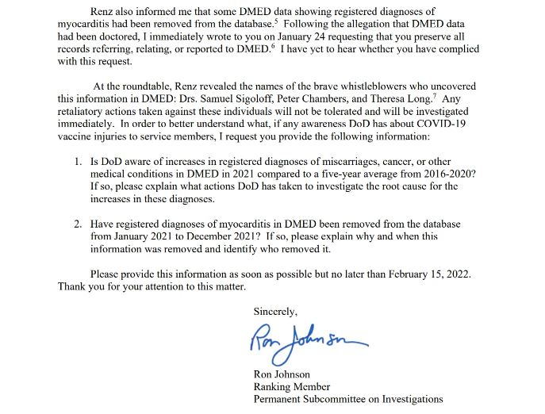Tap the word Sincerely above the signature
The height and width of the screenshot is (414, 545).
tap(275, 311)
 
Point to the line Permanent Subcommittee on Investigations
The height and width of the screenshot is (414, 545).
tap(348, 399)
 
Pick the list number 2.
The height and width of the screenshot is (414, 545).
tap(78, 224)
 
